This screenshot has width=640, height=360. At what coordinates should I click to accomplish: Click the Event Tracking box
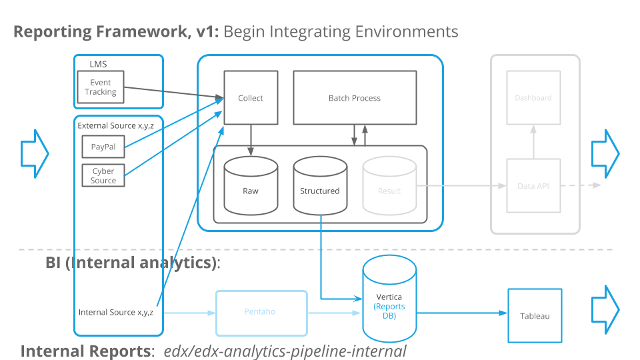[101, 87]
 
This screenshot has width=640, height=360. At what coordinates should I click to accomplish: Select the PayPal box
[103, 147]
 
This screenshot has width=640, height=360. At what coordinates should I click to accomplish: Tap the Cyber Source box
[103, 175]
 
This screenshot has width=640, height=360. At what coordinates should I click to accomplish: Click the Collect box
[251, 98]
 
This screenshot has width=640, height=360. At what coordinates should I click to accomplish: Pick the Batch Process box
[355, 98]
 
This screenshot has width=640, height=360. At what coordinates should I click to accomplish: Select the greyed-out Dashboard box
[533, 98]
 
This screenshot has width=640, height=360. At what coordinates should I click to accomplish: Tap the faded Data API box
[533, 186]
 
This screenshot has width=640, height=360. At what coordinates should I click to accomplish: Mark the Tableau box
[535, 315]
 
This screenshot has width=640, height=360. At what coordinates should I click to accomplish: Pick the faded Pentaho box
[261, 311]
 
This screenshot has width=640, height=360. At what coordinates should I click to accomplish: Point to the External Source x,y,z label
[115, 125]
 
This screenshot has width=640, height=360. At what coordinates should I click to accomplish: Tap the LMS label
[98, 65]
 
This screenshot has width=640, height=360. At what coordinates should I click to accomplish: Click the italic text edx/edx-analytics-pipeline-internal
[285, 351]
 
